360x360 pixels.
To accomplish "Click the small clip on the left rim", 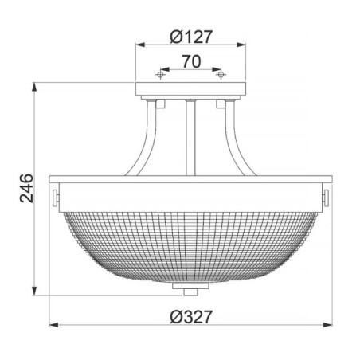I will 56,195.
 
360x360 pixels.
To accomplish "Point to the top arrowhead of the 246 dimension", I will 35,87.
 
